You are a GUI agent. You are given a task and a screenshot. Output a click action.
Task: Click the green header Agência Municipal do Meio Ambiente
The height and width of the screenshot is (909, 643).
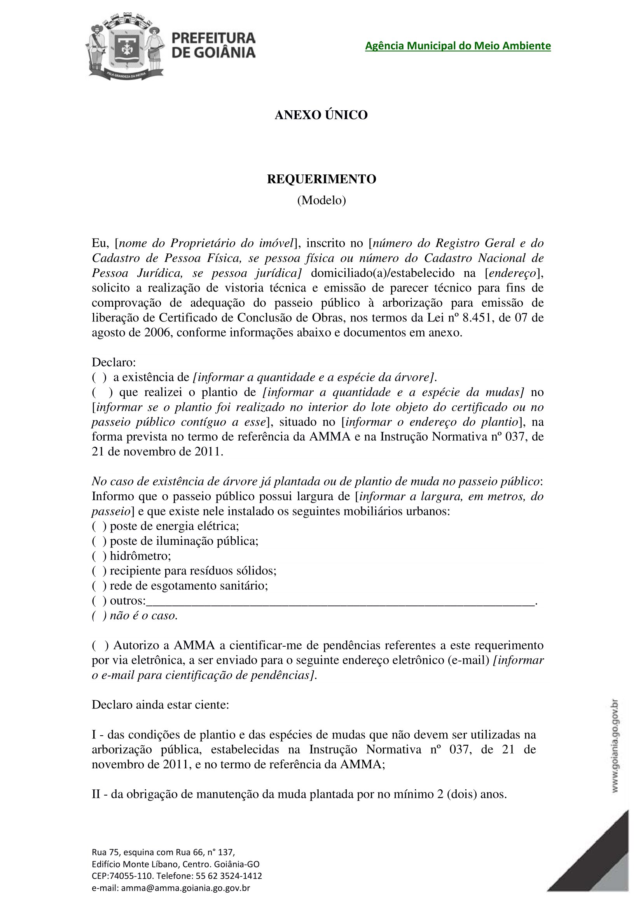click(457, 46)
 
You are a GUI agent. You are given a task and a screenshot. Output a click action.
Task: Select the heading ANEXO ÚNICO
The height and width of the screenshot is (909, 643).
click(321, 115)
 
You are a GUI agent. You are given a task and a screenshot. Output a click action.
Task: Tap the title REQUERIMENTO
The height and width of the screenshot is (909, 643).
click(321, 179)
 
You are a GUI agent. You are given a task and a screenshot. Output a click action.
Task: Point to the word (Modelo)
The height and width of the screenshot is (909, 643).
click(321, 200)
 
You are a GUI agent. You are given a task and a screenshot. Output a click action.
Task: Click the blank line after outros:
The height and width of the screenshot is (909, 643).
click(341, 601)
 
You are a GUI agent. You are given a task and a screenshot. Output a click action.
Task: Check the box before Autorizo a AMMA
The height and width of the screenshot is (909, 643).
click(100, 646)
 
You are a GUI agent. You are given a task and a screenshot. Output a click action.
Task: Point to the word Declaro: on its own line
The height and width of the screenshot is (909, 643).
click(114, 362)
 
